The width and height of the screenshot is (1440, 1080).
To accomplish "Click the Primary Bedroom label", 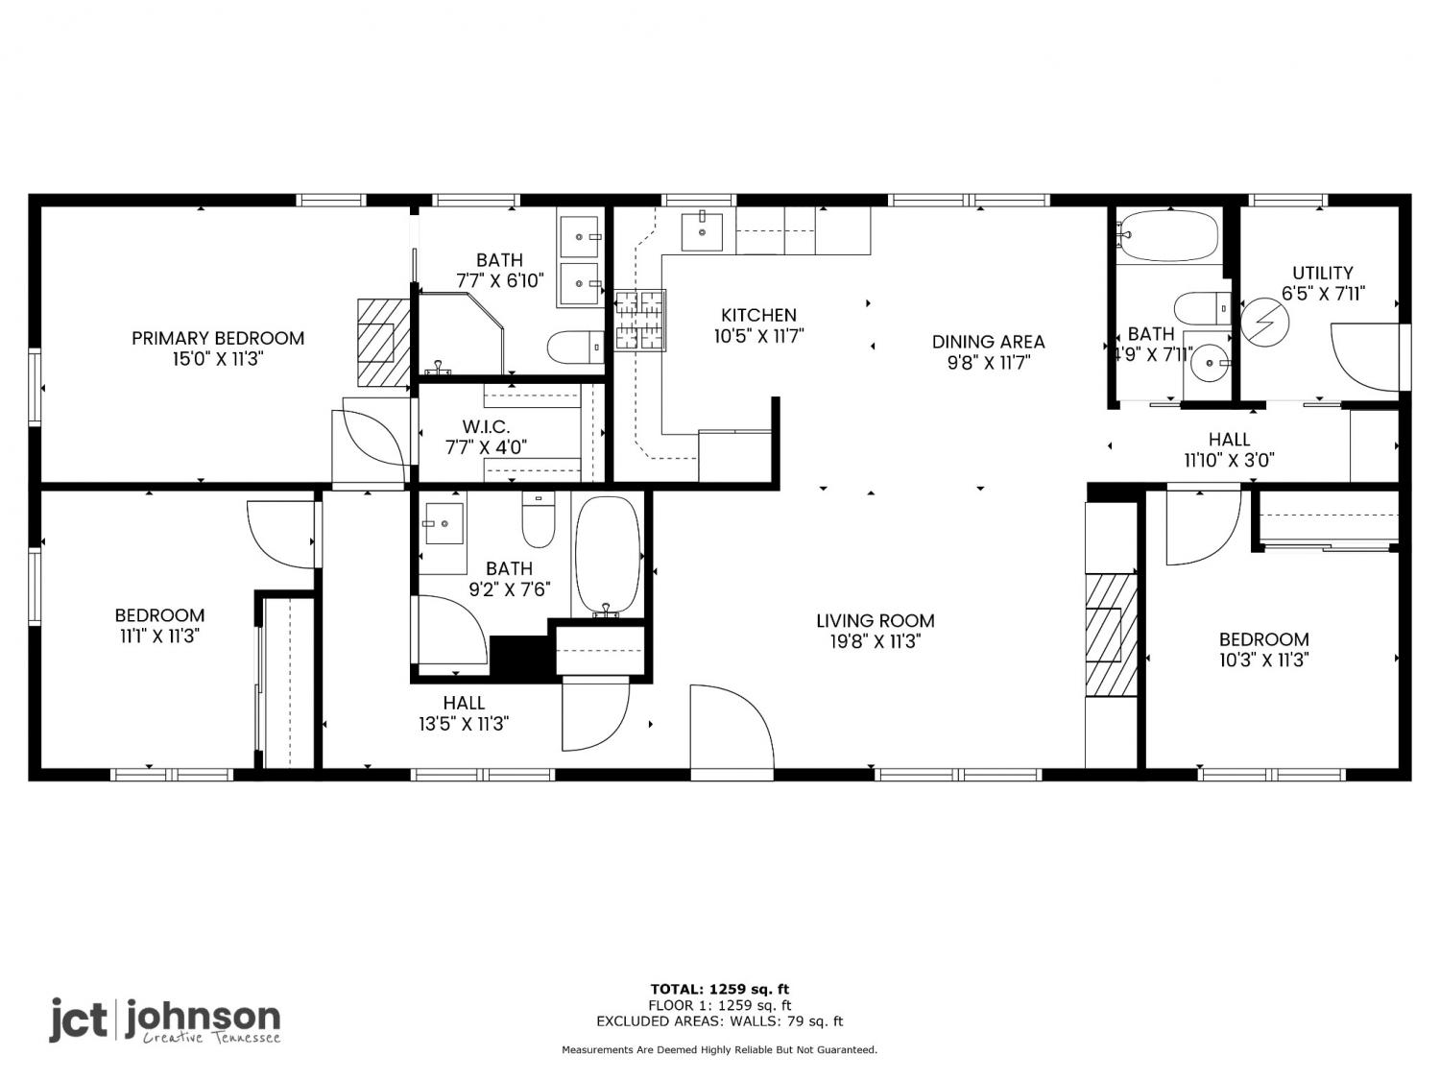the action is tap(218, 338).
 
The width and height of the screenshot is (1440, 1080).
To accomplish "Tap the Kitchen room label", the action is tap(759, 315).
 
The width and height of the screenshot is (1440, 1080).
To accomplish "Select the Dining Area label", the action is tap(988, 342).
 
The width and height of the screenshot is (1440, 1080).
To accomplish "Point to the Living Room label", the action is tap(876, 620).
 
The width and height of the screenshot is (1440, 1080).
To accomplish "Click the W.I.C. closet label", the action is tap(486, 427).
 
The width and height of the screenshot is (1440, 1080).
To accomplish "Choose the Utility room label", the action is tap(1323, 273).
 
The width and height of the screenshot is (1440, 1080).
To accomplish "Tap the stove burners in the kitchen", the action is tap(639, 320).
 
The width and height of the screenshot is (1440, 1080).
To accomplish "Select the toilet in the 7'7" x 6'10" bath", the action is tap(575, 347).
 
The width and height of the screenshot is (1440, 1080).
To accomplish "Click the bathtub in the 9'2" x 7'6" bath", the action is tap(608, 556).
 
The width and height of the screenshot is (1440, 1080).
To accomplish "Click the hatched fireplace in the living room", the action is tap(1111, 635).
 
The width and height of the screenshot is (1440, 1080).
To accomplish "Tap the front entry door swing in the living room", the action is tap(732, 725).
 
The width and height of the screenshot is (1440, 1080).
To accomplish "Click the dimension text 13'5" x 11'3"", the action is tap(464, 724).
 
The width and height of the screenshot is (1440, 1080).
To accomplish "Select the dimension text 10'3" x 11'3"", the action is tap(1263, 660).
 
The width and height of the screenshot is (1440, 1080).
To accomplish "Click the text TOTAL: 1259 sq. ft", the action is tap(720, 989).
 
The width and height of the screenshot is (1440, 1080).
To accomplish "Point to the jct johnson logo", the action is tap(165, 1020).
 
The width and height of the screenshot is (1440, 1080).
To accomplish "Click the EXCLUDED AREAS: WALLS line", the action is tap(720, 1021).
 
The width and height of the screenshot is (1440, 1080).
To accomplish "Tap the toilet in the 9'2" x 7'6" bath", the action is tap(539, 519).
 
